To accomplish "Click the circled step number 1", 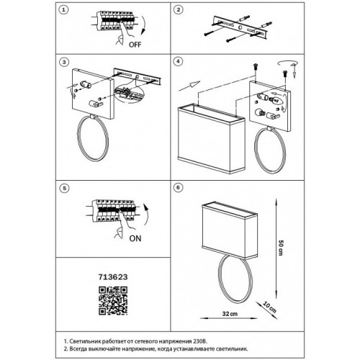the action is pyautogui.click(x=63, y=10).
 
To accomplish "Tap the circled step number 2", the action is pyautogui.click(x=178, y=10).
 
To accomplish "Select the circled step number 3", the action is pyautogui.click(x=64, y=62).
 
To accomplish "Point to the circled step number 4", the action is pyautogui.click(x=178, y=61).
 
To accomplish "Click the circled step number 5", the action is pyautogui.click(x=64, y=188).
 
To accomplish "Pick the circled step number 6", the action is pyautogui.click(x=178, y=187).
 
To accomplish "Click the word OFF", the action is pyautogui.click(x=135, y=45).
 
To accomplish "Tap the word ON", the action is pyautogui.click(x=135, y=238).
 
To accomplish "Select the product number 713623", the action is pyautogui.click(x=113, y=277).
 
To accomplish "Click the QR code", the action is pyautogui.click(x=113, y=300).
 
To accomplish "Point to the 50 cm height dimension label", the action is pyautogui.click(x=281, y=248).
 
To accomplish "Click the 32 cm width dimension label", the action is pyautogui.click(x=230, y=314).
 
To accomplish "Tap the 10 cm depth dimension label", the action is pyautogui.click(x=269, y=307).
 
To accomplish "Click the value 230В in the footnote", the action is pyautogui.click(x=199, y=341).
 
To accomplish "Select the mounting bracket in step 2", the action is pyautogui.click(x=240, y=28).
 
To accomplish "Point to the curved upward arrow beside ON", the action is pyautogui.click(x=146, y=215).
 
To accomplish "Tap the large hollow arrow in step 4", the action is pyautogui.click(x=189, y=86).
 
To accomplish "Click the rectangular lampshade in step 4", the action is pyautogui.click(x=212, y=138).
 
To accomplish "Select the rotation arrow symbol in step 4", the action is pyautogui.click(x=287, y=63).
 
